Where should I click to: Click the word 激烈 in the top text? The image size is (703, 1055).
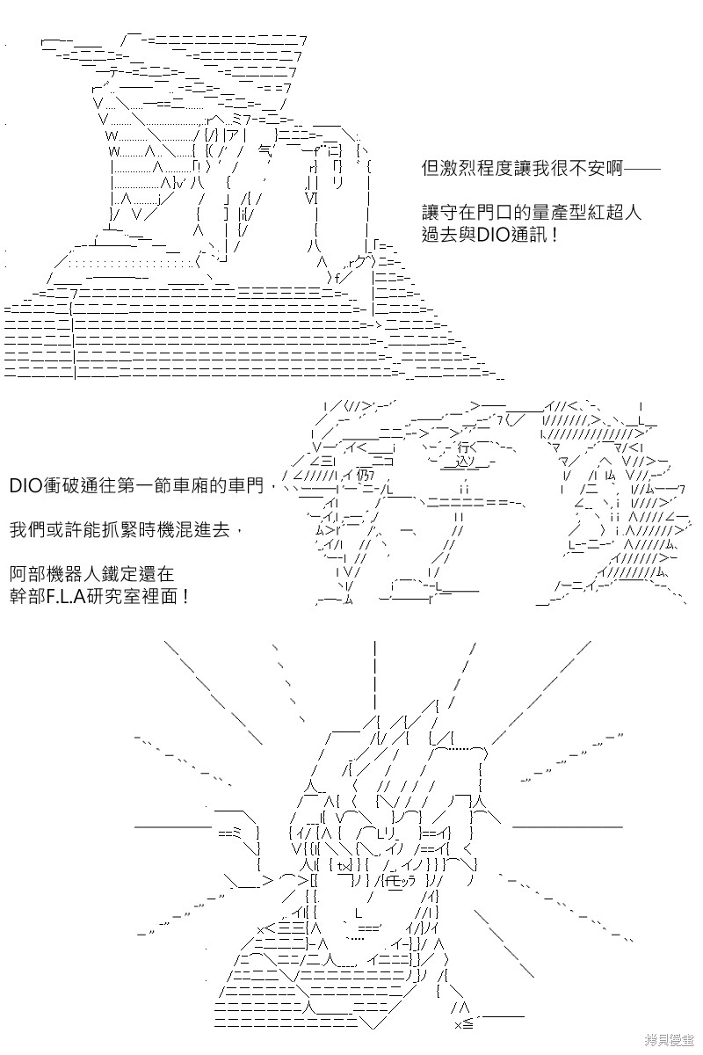click(458, 168)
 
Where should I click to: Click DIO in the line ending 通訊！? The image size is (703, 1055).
click(492, 235)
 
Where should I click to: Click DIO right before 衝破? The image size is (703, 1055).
click(25, 485)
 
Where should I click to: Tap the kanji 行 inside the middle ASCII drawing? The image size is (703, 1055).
click(463, 446)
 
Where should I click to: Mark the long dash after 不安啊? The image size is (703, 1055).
click(641, 168)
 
